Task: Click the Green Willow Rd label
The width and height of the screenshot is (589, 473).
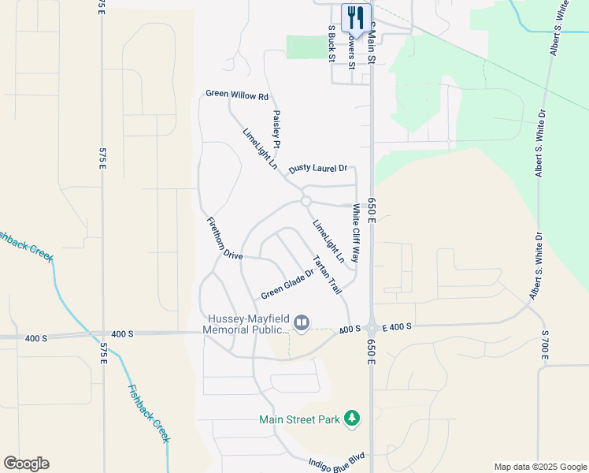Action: [x=237, y=95]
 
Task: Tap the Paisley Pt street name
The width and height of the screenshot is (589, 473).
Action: [x=277, y=128]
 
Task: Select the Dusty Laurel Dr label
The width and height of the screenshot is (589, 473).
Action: [x=317, y=169]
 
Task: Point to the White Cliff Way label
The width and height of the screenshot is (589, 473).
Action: [x=356, y=234]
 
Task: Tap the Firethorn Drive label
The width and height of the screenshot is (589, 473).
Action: [x=224, y=237]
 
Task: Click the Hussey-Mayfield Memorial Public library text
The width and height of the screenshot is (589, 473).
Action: [x=247, y=324]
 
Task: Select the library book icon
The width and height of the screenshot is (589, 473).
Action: [x=301, y=322]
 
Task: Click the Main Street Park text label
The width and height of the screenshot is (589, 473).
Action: [x=300, y=419]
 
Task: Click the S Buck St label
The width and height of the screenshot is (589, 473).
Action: [x=332, y=45]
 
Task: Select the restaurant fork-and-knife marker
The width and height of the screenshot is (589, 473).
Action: [x=355, y=17]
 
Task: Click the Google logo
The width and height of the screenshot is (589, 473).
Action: [x=26, y=464]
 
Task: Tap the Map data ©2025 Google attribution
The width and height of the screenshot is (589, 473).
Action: [x=539, y=467]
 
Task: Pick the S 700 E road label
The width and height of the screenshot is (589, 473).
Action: [x=543, y=346]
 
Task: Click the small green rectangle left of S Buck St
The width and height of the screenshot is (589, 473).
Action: [x=304, y=47]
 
